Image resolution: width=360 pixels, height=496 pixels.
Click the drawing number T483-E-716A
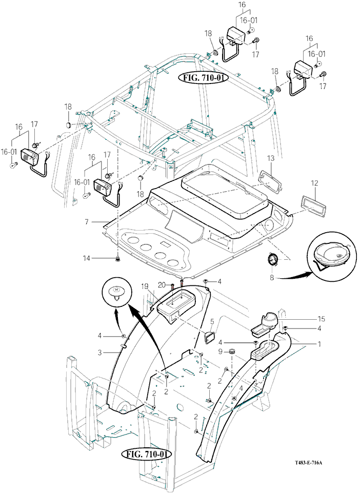click(308, 463)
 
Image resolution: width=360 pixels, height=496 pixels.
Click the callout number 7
click(87, 222)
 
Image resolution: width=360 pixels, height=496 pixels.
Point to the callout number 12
click(314, 183)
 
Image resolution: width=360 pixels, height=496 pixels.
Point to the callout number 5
click(212, 322)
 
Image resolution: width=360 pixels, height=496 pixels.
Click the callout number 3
click(99, 353)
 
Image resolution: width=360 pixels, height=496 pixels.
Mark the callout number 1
click(319, 344)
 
